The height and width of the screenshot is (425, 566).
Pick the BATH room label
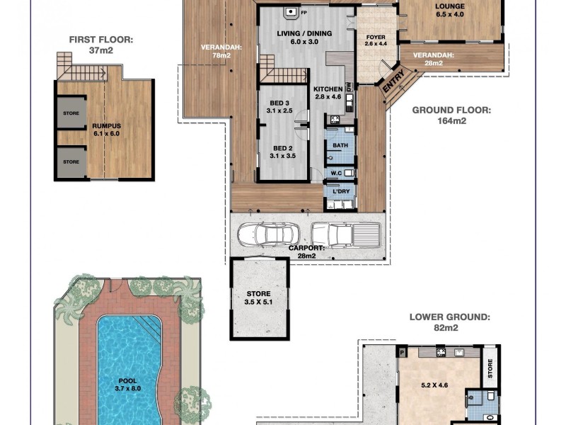pyautogui.click(x=341, y=146)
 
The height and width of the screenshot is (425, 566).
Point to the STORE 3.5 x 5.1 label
pyautogui.click(x=259, y=297)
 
